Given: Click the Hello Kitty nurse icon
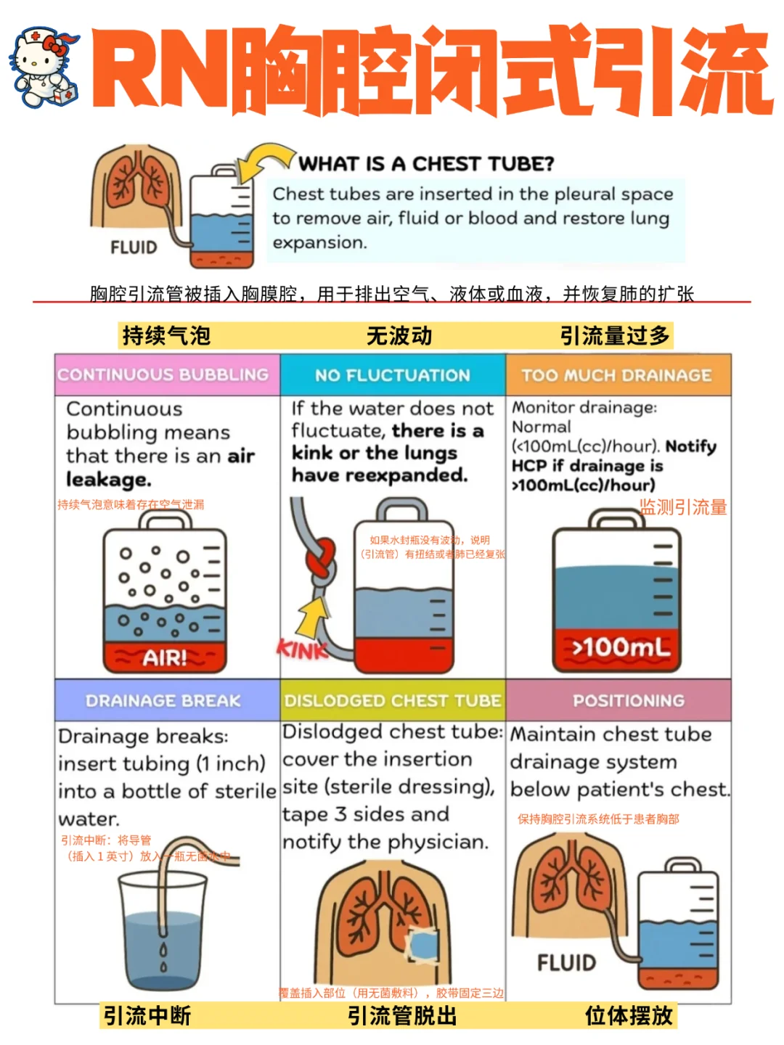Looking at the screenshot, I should coord(44,67).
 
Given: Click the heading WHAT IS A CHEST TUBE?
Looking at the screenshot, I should coord(426,164).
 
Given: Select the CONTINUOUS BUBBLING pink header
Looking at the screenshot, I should coord(164,375).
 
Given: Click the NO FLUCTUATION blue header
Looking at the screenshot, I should coord(393,375).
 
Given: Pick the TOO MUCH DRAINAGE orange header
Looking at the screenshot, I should coord(617,375).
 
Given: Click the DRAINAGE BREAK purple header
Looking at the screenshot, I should coord(164,700).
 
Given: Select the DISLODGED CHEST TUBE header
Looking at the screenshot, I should coord(393,700).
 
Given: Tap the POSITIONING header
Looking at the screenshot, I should coord(629,700).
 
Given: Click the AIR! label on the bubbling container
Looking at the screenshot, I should coord(165,658).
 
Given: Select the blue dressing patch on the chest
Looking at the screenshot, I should coord(421,946).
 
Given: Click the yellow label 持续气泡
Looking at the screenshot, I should coord(166,336).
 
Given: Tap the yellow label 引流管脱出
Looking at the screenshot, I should coord(402,1016).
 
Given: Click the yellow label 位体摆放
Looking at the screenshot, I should coord(629,1016).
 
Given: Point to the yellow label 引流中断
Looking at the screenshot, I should coord(147,1016).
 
